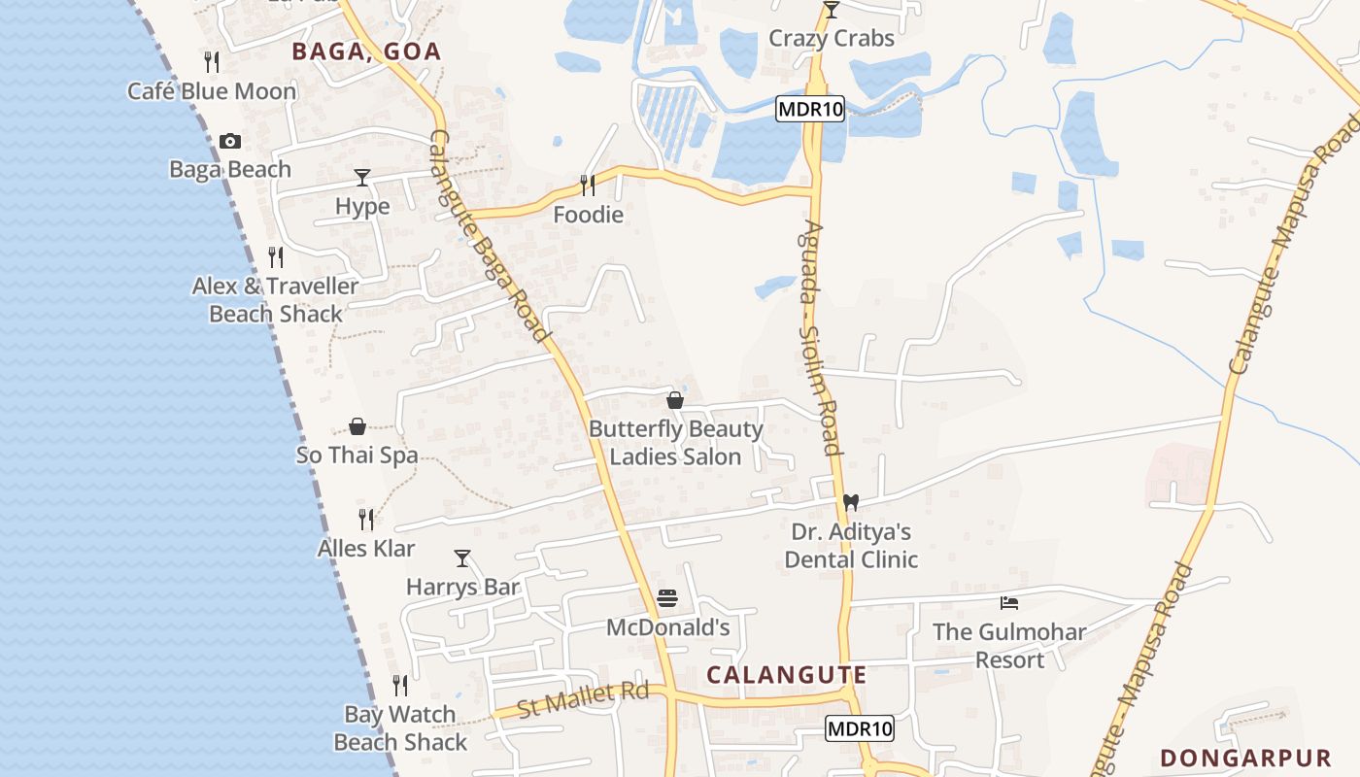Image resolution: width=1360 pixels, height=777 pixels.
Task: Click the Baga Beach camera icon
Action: click(x=230, y=141)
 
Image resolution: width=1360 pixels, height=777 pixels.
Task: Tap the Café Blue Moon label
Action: click(x=212, y=91)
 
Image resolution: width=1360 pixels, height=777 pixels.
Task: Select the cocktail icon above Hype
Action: click(x=362, y=178)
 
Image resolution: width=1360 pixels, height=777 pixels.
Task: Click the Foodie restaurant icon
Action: click(x=588, y=185)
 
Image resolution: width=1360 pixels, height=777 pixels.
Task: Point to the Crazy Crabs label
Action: click(x=831, y=39)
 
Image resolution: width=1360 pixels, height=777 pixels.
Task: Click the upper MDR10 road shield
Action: click(x=810, y=109)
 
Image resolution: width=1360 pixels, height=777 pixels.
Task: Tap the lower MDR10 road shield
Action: click(x=860, y=728)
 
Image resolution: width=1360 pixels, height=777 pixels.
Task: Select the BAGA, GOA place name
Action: click(x=367, y=51)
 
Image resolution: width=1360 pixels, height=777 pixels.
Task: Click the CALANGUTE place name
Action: click(x=786, y=675)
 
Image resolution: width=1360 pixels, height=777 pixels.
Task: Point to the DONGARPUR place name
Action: click(x=1245, y=758)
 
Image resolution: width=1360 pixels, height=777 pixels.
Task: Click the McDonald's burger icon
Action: click(x=666, y=598)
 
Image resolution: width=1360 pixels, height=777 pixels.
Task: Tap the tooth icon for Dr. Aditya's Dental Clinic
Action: click(x=851, y=502)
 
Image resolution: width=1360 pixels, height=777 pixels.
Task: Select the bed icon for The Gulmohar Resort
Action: click(x=1009, y=603)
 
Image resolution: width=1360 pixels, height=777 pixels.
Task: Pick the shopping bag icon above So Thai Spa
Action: click(x=357, y=426)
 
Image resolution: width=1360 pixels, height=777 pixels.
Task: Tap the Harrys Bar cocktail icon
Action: click(x=462, y=558)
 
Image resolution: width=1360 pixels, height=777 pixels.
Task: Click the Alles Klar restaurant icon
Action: click(x=366, y=520)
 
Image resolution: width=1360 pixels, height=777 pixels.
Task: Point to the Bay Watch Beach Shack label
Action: click(x=400, y=728)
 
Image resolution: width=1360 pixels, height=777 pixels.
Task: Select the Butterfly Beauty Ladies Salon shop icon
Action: click(x=675, y=400)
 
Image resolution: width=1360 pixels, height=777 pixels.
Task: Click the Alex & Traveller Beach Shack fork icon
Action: click(x=276, y=257)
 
